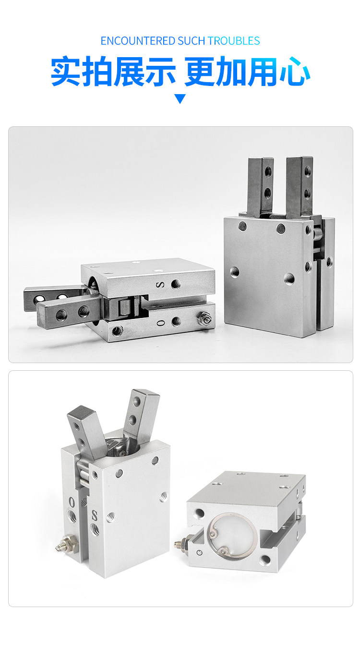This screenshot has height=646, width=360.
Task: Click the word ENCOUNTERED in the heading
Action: click(138, 41)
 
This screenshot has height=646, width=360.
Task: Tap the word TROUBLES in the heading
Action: click(234, 41)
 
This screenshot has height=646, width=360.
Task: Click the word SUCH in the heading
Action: click(192, 41)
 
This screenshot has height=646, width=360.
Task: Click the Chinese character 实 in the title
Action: click(66, 71)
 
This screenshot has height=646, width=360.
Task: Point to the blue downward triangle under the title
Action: click(180, 98)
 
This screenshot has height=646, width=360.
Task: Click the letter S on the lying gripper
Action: click(160, 285)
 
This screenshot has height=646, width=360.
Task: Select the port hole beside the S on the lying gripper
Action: click(176, 284)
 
